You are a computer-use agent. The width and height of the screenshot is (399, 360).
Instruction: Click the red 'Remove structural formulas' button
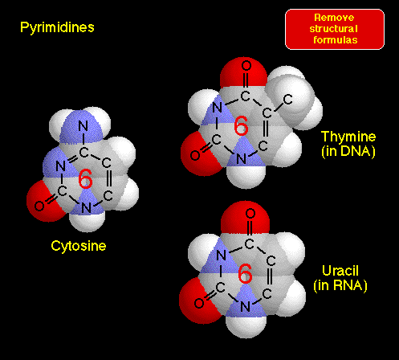pos(335,29)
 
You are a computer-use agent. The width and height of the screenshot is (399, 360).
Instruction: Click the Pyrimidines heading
pos(57,27)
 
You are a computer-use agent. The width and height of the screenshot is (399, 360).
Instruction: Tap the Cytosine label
pos(79,246)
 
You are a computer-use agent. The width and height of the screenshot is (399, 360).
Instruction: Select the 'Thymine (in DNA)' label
pos(348,144)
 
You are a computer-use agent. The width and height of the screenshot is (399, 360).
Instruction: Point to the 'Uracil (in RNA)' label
pos(340,278)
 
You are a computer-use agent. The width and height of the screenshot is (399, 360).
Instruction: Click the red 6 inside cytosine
pos(86,178)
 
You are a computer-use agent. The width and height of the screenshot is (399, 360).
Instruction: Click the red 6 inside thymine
pos(241,125)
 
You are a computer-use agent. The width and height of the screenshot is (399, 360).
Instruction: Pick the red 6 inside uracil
pos(245,273)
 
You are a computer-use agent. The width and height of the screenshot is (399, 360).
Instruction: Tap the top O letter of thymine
pos(246,65)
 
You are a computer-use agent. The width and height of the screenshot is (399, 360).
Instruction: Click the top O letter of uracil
pos(250,214)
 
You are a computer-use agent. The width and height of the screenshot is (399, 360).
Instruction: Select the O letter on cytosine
pos(39,206)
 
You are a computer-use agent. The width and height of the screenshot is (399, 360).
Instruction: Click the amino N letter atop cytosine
pos(83,126)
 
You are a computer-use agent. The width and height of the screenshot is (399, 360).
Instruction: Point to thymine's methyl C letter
pos(288,100)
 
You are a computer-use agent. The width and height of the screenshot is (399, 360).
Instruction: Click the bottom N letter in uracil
pos(245,307)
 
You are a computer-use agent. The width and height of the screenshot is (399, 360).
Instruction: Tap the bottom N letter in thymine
pos(242,159)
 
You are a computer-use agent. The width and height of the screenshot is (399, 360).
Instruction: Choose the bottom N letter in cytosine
pos(86,208)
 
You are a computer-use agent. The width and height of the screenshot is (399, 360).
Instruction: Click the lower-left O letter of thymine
pos(195,155)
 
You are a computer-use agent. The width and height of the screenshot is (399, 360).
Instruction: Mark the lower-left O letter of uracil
pos(199,303)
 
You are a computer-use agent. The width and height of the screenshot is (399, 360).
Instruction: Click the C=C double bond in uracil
pos(270,277)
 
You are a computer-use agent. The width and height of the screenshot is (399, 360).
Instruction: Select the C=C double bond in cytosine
pos(108,179)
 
